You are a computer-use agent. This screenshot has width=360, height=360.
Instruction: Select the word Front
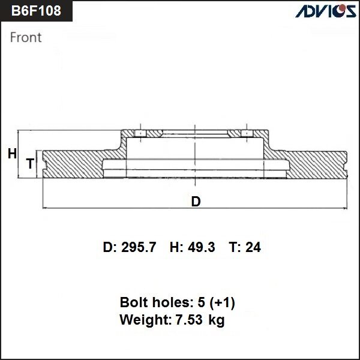point(26,37)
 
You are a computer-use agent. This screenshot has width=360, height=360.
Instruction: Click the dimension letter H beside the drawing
point(12,154)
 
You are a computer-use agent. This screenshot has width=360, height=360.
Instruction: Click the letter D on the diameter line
point(196,202)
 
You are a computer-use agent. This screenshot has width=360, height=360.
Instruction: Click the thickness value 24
point(254,247)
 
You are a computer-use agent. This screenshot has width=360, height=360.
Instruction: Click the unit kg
point(217,321)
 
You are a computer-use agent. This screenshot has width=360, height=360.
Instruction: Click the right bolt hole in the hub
point(245,133)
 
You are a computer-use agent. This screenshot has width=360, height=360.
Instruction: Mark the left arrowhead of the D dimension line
point(46,208)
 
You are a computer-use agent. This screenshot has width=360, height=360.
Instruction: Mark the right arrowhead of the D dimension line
point(345,208)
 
